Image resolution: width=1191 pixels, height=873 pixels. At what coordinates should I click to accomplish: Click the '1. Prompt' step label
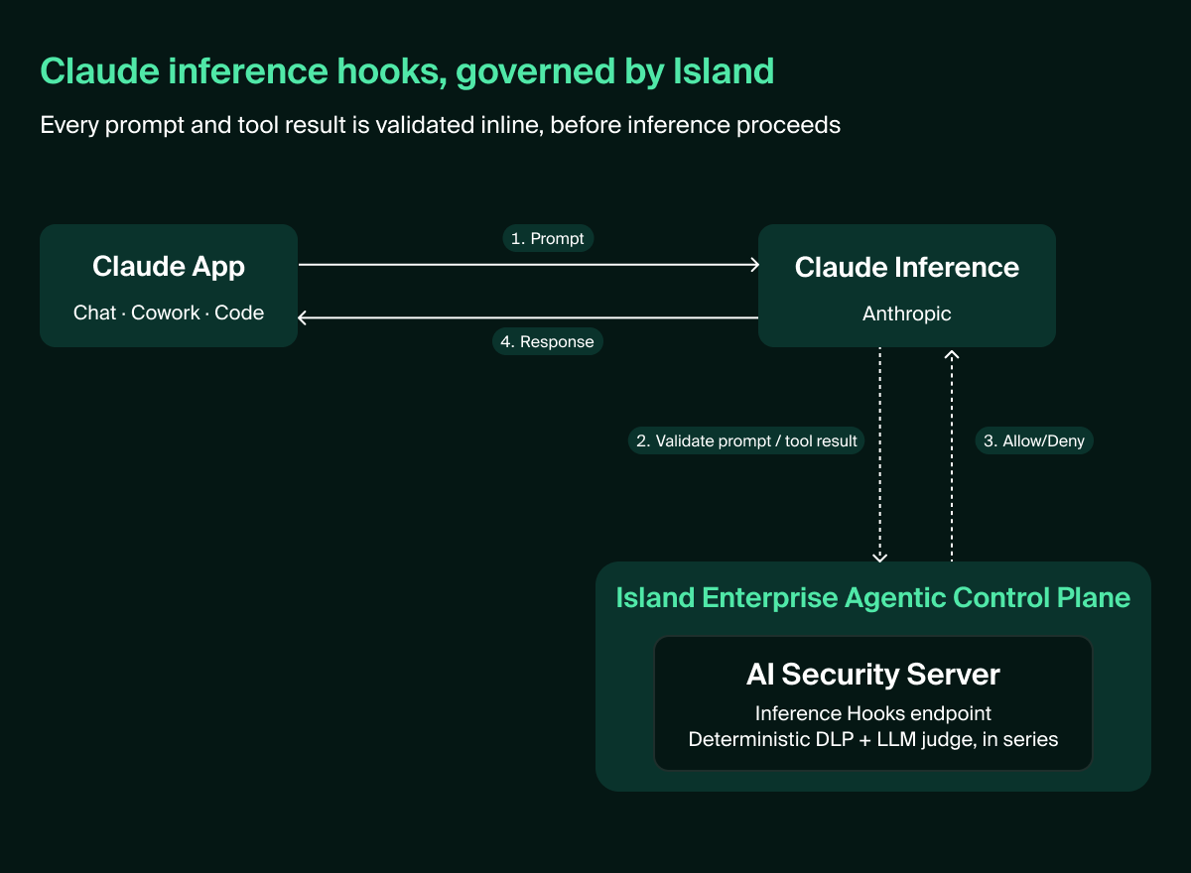tap(548, 238)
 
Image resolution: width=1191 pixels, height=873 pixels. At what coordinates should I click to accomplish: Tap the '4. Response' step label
tap(547, 341)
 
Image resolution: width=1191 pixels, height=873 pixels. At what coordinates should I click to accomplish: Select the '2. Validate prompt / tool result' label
tap(746, 441)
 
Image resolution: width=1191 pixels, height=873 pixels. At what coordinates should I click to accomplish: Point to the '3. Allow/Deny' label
tap(1033, 441)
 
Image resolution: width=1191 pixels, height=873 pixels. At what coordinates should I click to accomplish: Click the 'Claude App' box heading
tap(169, 267)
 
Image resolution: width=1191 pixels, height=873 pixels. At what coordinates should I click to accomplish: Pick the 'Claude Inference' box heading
tap(906, 267)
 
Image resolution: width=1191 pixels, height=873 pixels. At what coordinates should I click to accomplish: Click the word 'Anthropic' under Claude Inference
tap(906, 313)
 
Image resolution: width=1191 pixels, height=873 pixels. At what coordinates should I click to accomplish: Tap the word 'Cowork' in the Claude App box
tap(166, 312)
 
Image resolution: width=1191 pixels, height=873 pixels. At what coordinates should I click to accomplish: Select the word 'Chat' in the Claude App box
tap(94, 312)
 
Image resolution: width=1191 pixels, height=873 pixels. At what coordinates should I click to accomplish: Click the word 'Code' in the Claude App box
tap(239, 312)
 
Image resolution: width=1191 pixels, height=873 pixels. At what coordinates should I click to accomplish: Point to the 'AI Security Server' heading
tap(873, 675)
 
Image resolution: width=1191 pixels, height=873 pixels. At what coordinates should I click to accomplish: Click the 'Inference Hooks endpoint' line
tap(873, 713)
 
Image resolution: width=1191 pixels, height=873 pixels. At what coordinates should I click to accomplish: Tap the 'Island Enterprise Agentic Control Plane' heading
tap(873, 598)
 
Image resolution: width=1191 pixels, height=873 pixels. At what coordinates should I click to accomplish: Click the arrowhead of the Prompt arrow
tap(755, 265)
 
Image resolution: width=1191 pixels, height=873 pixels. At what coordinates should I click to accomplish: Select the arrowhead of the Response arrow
tap(302, 317)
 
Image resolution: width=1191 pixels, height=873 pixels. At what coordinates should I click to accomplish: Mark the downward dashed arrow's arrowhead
tap(880, 558)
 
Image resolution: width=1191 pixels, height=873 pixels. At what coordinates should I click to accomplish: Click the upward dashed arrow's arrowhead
tap(952, 354)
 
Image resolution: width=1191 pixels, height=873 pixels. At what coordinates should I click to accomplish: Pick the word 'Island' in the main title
tap(724, 71)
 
